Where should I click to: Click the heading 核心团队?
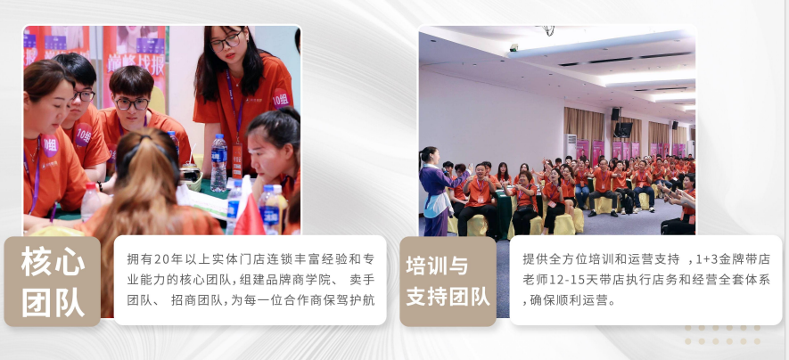click(x=53, y=282)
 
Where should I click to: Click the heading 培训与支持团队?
click(x=448, y=282)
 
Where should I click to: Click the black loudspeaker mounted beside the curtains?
click(x=615, y=114)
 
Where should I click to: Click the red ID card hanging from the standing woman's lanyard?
click(x=236, y=161)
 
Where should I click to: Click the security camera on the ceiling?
click(x=514, y=46)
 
